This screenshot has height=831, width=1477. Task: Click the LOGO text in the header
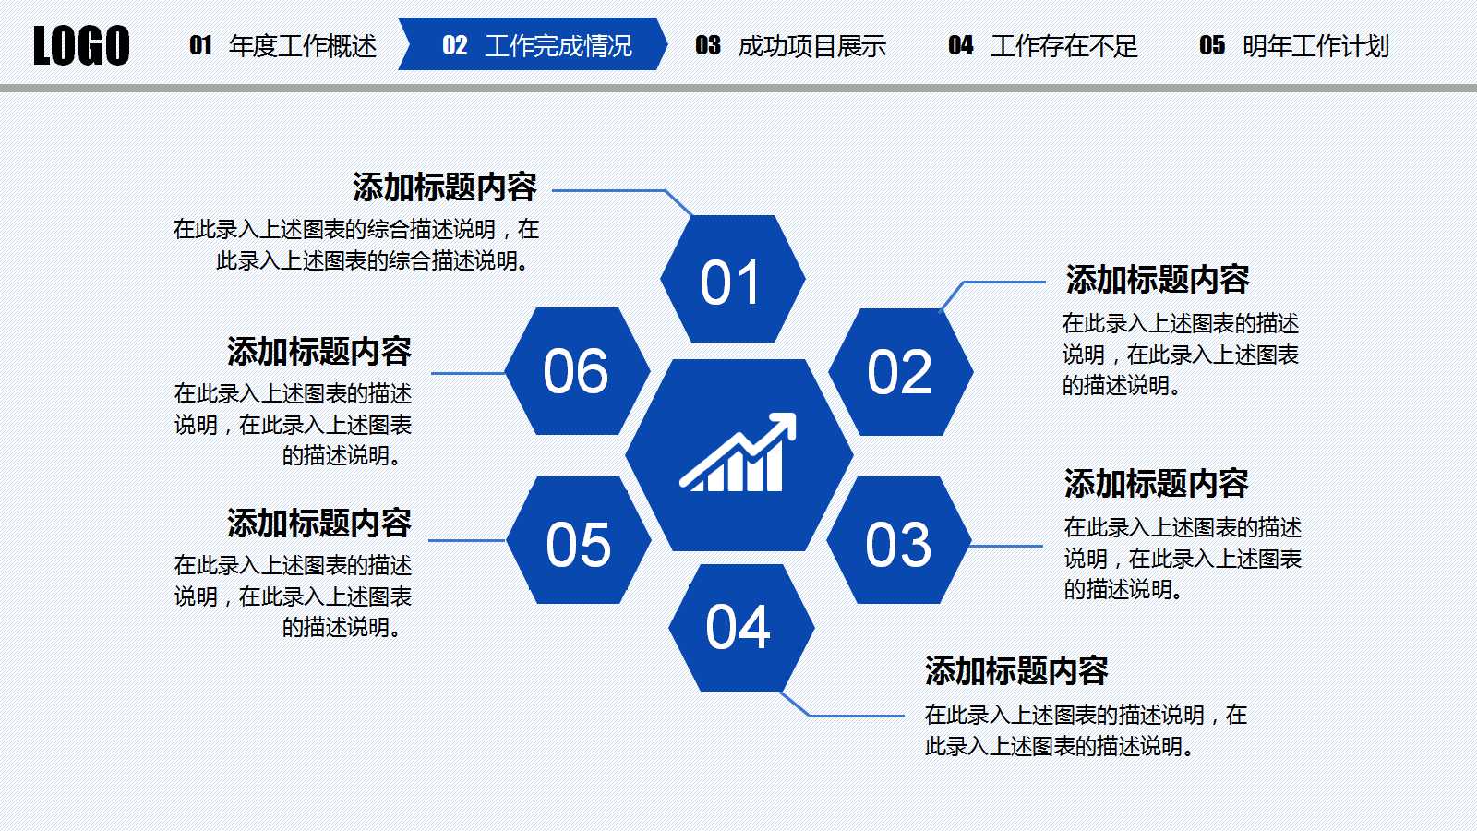81,45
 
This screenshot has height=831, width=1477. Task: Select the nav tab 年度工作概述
283,45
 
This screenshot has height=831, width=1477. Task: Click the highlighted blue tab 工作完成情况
534,45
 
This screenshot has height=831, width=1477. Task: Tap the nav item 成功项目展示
790,45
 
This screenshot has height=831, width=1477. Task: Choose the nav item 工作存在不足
1042,45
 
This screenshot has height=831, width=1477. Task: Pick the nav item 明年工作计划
1293,45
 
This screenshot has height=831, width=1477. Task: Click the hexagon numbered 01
732,280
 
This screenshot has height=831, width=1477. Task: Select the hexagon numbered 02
900,372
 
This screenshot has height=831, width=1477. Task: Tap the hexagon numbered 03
898,542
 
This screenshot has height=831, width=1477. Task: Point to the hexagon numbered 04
739,628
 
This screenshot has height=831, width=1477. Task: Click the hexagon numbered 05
579,542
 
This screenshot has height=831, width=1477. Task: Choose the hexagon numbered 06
577,371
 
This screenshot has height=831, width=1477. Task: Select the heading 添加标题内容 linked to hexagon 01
444,187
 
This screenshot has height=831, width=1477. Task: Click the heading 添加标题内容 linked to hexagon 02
1157,279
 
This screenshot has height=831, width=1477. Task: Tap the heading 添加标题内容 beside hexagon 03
1156,483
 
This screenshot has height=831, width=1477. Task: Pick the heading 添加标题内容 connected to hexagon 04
1015,671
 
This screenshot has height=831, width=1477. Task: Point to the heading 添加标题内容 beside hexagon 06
318,352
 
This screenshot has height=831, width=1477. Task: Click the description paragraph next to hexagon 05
293,596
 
